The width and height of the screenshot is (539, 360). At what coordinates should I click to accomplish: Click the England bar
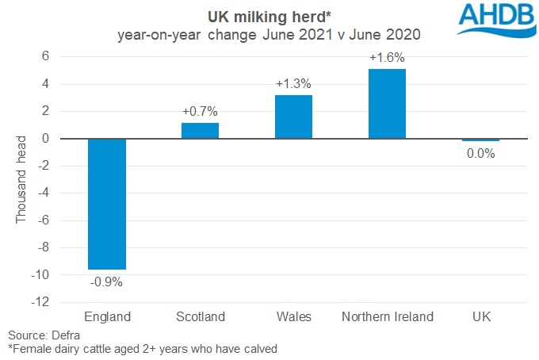click(106, 204)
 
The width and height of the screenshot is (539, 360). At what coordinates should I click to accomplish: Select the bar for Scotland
click(200, 131)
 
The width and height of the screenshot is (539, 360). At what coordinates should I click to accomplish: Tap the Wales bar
click(293, 117)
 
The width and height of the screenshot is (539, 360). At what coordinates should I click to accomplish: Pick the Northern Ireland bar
click(387, 104)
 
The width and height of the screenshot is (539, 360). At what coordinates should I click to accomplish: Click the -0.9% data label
click(106, 281)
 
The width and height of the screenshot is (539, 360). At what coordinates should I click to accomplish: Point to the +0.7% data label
click(200, 110)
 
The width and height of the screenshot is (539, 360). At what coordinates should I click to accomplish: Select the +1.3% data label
click(293, 82)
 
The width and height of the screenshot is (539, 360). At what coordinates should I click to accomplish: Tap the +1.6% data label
click(387, 56)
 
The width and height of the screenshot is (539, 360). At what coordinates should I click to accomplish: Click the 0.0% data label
click(480, 154)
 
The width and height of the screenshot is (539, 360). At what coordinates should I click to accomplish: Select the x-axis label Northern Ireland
click(387, 317)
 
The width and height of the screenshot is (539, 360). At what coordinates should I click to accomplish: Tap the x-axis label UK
click(480, 317)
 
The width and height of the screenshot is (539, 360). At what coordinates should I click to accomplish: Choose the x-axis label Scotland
click(200, 317)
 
